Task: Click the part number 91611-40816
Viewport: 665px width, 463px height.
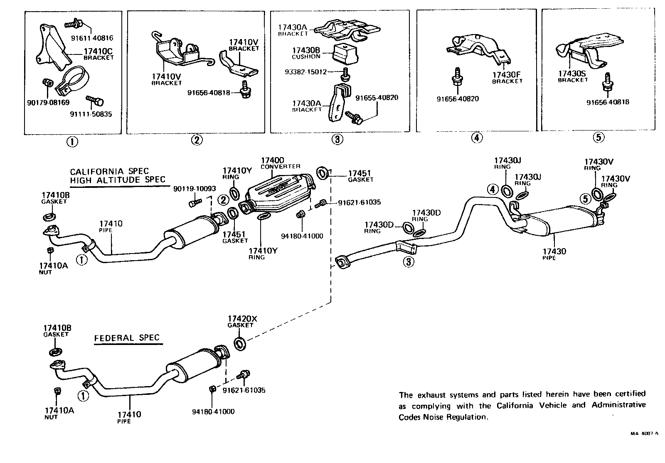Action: (92, 38)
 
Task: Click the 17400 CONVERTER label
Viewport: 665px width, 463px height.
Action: (280, 163)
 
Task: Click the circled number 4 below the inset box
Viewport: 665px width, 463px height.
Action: (477, 138)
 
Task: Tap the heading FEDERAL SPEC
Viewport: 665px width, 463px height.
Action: (127, 337)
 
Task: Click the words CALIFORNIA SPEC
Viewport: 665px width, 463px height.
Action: (109, 171)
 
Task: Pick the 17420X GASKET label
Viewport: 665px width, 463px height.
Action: (242, 321)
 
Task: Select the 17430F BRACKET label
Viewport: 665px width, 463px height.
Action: (507, 78)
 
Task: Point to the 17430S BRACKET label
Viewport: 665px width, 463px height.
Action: (573, 76)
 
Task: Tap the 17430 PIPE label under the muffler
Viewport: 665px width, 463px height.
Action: (554, 254)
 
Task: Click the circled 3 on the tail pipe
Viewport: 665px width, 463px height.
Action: (409, 262)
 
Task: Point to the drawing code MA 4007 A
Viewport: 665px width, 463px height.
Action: (644, 433)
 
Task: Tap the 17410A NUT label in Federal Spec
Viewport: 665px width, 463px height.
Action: (59, 413)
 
